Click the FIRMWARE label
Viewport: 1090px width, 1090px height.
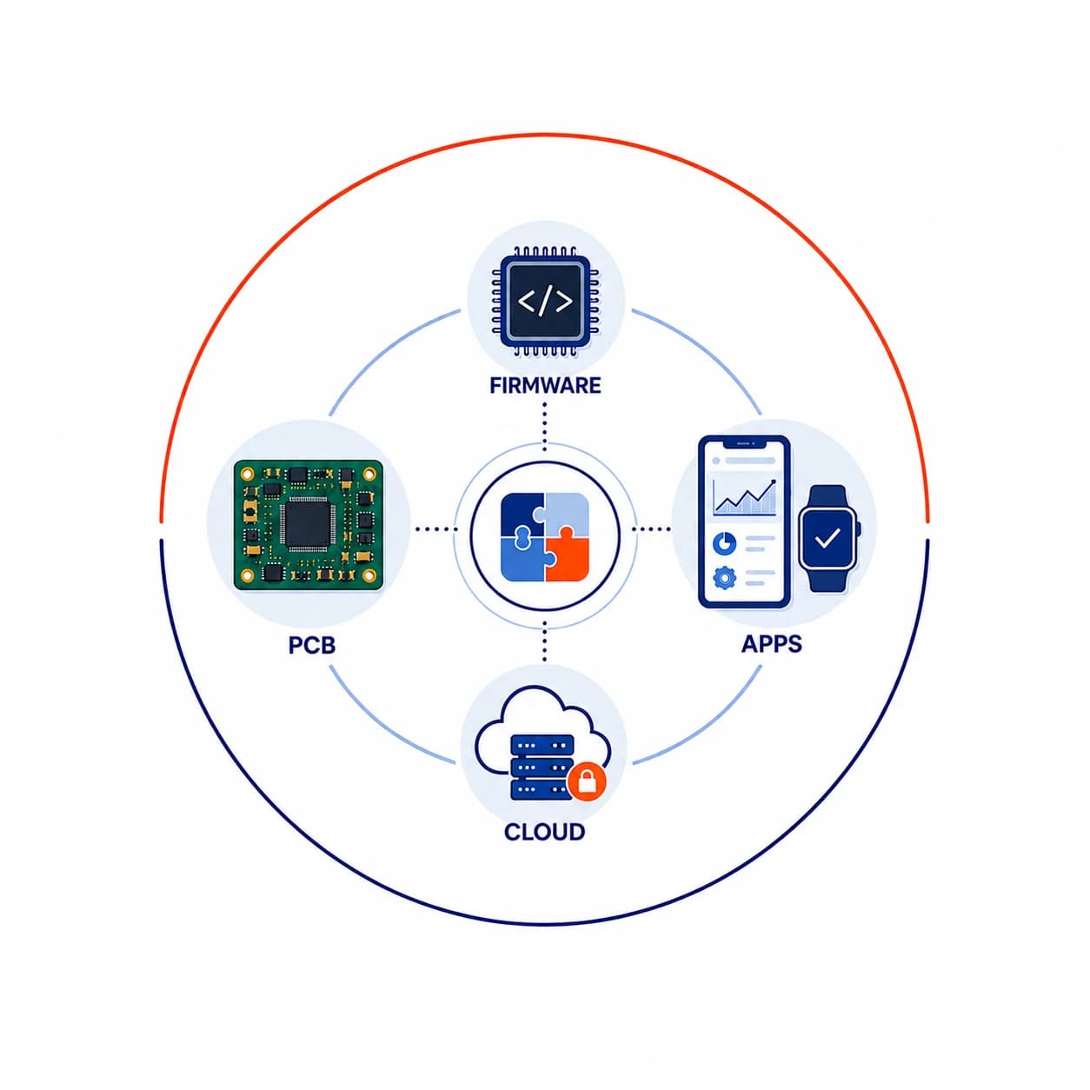[545, 385]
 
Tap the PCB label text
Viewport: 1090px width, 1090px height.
[312, 645]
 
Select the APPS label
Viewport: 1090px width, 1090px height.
[772, 644]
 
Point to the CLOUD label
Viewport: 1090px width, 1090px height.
[544, 832]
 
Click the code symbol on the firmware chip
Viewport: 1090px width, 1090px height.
[545, 302]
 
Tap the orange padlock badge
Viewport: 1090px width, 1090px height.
[587, 782]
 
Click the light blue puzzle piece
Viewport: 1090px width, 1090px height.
[566, 514]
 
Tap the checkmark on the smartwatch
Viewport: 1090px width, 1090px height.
[827, 538]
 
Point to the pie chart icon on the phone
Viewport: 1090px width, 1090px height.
[724, 543]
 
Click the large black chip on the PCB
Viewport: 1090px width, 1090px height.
[308, 524]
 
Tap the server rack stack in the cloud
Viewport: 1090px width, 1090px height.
[542, 767]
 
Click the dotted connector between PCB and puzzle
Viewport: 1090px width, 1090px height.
[436, 529]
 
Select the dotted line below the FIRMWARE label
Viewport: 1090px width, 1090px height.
[545, 427]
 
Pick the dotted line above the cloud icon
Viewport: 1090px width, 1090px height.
[545, 641]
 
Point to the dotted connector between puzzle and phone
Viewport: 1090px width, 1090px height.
[652, 529]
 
